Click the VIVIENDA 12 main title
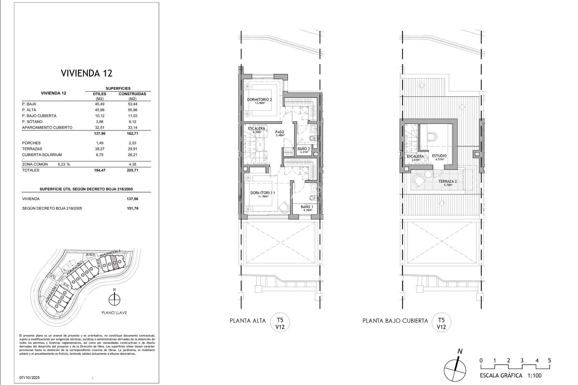click(87, 73)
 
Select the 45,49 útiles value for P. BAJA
click(99, 104)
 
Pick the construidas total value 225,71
click(132, 170)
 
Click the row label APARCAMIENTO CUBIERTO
click(47, 128)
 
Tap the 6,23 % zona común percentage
click(64, 165)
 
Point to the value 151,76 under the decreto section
click(132, 208)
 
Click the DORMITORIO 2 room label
click(259, 100)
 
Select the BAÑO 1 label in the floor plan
click(307, 207)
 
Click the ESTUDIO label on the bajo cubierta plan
click(439, 156)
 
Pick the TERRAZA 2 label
click(447, 181)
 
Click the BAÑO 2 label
click(303, 149)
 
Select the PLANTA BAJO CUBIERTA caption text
click(395, 321)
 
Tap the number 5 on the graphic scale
click(549, 361)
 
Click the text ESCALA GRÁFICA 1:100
click(511, 376)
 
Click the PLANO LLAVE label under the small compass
click(114, 313)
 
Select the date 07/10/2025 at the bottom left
click(30, 377)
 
